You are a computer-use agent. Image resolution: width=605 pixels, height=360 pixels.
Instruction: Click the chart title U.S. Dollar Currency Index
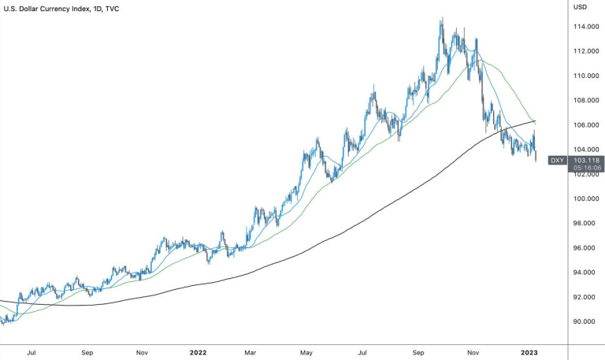(x=46, y=9)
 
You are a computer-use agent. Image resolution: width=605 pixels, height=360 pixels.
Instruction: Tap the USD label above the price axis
(x=580, y=7)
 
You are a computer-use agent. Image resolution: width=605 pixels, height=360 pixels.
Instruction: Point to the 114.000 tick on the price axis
(x=586, y=27)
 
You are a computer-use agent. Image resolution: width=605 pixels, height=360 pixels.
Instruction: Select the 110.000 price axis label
(x=586, y=76)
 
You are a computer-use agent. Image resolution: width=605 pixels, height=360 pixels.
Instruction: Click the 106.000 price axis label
(x=586, y=125)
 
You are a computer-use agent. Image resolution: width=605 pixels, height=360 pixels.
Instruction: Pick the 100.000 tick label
(x=586, y=199)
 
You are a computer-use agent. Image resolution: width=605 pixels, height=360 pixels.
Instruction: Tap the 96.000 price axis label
(x=586, y=247)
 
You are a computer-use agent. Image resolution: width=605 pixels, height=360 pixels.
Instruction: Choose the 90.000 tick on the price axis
(x=586, y=321)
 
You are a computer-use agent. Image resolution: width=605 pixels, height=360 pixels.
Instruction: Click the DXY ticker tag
(x=557, y=161)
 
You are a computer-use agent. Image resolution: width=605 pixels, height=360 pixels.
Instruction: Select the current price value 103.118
(x=586, y=161)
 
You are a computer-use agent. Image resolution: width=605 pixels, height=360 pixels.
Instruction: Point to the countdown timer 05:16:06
(x=587, y=168)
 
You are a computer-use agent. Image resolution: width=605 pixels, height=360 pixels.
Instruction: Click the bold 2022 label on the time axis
(x=199, y=352)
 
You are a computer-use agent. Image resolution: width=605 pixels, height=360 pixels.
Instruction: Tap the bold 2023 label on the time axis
(x=529, y=352)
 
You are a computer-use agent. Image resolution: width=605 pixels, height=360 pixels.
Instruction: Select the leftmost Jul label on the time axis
(x=32, y=352)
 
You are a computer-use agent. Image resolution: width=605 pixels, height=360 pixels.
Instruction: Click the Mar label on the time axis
(x=251, y=352)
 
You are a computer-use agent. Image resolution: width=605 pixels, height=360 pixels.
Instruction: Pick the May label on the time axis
(x=306, y=352)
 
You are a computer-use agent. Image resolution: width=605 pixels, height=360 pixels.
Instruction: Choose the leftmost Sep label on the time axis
(x=87, y=352)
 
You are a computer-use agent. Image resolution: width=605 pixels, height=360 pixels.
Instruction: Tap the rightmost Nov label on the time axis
(x=473, y=352)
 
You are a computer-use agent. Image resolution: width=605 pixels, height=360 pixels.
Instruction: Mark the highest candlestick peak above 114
(x=442, y=17)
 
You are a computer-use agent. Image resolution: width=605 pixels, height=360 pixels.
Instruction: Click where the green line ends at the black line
(x=535, y=121)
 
